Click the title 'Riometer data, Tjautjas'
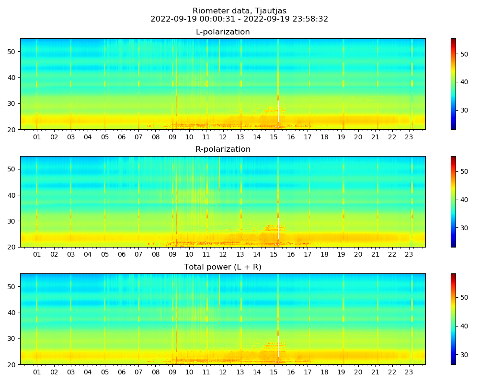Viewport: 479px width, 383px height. (239, 11)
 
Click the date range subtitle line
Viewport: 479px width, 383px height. (239, 19)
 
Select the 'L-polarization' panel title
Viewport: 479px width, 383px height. (223, 32)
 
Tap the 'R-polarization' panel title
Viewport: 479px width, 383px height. (223, 149)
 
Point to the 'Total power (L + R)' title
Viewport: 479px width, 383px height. (223, 267)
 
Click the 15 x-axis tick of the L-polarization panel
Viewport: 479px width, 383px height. (274, 137)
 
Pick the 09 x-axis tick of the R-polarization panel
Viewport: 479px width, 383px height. (172, 254)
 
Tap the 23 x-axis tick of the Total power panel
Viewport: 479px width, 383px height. (409, 372)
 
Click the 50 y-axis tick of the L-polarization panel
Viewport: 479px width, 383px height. (11, 52)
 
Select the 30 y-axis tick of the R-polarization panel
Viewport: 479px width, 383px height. (11, 221)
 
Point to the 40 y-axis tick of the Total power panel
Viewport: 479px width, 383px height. (11, 313)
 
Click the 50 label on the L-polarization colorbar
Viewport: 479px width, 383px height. (464, 54)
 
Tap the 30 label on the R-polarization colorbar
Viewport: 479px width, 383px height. (464, 228)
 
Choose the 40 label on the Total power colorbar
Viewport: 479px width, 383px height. (464, 326)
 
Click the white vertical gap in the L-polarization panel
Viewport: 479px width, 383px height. (278, 112)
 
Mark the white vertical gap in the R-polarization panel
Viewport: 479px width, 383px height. (278, 229)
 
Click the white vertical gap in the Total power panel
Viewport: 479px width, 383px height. (278, 347)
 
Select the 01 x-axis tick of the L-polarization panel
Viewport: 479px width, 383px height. (37, 137)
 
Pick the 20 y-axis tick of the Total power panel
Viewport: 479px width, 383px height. (11, 365)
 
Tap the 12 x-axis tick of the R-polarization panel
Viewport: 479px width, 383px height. (223, 254)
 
